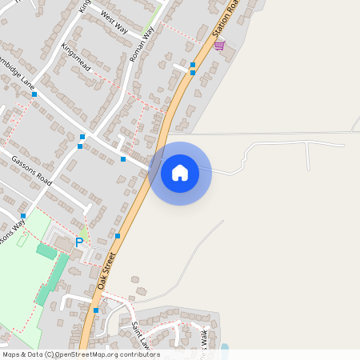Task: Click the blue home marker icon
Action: [180, 173]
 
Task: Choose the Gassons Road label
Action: [31, 170]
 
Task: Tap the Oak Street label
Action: [107, 271]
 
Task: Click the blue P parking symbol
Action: [79, 242]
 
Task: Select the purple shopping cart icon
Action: [219, 45]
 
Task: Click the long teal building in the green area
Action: [53, 280]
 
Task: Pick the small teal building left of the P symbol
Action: [47, 251]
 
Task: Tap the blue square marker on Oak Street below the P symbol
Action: [118, 236]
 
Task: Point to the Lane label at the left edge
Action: [27, 82]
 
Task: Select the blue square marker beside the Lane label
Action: [34, 94]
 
